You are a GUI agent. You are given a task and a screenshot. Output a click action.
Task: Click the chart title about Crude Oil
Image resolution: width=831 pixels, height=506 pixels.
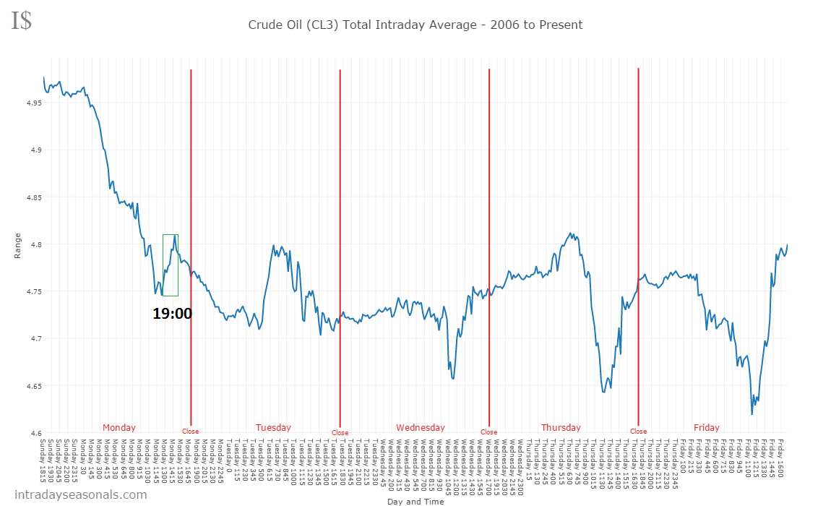pyautogui.click(x=415, y=25)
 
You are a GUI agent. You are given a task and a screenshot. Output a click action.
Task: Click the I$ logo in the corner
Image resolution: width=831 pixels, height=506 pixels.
pyautogui.click(x=22, y=20)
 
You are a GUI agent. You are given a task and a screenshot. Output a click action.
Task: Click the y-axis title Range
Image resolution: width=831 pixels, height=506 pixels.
pyautogui.click(x=17, y=246)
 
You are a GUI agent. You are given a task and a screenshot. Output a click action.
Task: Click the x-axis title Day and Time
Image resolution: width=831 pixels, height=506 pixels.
pyautogui.click(x=415, y=501)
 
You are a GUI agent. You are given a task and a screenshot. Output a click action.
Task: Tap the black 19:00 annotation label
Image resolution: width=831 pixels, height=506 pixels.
pyautogui.click(x=172, y=313)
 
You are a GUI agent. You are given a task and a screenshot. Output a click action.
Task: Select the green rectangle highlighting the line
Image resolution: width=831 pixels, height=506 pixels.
pyautogui.click(x=171, y=265)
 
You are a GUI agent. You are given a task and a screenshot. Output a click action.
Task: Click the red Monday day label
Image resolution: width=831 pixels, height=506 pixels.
pyautogui.click(x=119, y=427)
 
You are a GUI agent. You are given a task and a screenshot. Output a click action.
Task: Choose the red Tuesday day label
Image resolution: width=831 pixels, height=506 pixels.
pyautogui.click(x=273, y=427)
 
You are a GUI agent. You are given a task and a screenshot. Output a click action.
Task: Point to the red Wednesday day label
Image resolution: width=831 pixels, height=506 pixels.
pyautogui.click(x=421, y=427)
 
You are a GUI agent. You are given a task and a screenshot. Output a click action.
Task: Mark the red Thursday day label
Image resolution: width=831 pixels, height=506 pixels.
pyautogui.click(x=561, y=427)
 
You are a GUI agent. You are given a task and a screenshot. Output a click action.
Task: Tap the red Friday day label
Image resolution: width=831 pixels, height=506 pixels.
pyautogui.click(x=706, y=427)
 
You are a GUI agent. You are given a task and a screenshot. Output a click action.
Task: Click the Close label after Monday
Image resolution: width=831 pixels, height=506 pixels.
pyautogui.click(x=190, y=432)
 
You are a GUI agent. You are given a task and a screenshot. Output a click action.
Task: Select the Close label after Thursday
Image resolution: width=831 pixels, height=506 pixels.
pyautogui.click(x=638, y=432)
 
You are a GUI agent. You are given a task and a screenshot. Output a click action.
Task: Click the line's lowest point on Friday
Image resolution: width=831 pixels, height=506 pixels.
pyautogui.click(x=752, y=414)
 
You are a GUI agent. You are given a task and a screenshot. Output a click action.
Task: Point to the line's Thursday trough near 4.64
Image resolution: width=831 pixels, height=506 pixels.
pyautogui.click(x=603, y=392)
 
